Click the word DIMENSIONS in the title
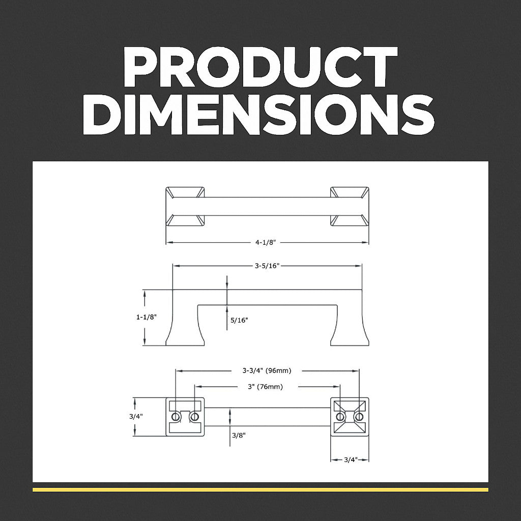(x=258, y=114)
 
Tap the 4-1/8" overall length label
(x=266, y=243)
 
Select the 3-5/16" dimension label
(x=267, y=266)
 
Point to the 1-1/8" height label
(x=146, y=317)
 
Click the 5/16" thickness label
(x=239, y=321)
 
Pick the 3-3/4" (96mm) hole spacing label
(x=267, y=370)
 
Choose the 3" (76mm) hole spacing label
(x=265, y=387)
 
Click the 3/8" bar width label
(x=239, y=435)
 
